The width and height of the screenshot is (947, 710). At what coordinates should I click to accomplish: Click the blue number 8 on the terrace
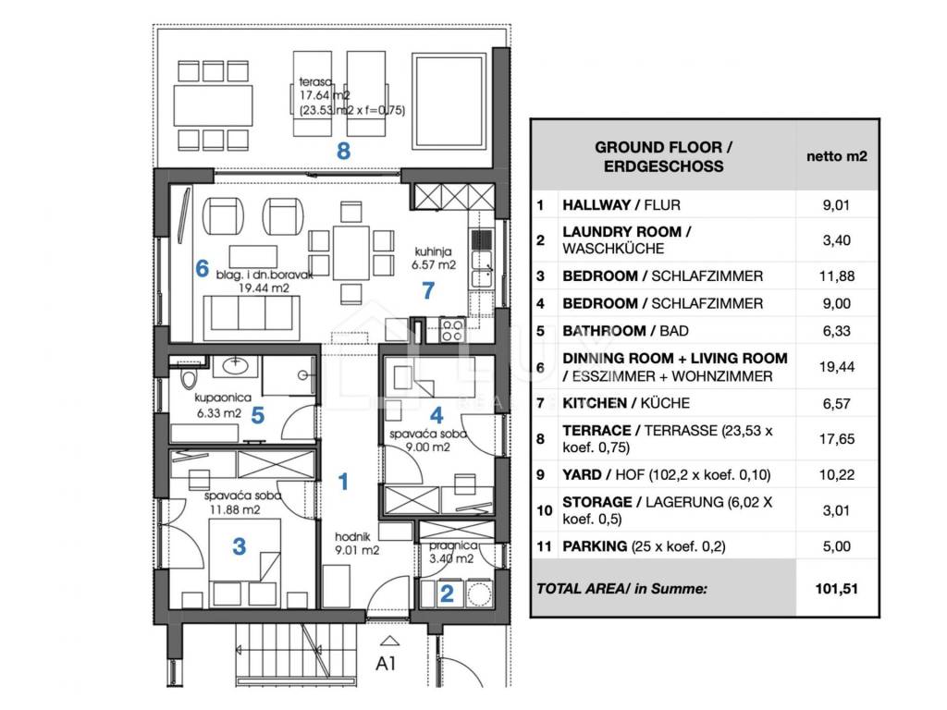(x=343, y=151)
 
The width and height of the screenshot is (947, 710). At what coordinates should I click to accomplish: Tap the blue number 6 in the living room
(x=203, y=268)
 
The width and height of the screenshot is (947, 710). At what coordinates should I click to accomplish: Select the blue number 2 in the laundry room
(x=447, y=594)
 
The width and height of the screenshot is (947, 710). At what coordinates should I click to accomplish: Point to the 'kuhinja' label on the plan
(x=433, y=251)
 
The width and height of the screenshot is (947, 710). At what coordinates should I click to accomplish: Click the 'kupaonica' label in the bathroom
(x=223, y=398)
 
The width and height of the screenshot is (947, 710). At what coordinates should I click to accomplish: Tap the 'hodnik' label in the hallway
(x=352, y=536)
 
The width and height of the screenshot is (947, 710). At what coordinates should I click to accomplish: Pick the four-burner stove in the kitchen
(x=452, y=330)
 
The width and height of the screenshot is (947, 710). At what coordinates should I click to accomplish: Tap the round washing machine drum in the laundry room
(x=481, y=594)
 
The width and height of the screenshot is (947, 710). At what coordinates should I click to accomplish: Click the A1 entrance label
(x=386, y=664)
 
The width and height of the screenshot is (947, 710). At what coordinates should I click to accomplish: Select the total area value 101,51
(x=836, y=589)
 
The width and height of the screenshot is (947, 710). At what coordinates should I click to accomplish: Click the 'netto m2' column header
(x=836, y=156)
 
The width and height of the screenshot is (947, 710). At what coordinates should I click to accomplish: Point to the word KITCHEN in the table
(x=595, y=403)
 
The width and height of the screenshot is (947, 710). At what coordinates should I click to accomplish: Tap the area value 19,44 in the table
(x=836, y=367)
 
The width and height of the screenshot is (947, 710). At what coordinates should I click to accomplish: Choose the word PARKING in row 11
(x=595, y=546)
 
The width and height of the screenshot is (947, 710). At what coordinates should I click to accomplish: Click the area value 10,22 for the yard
(x=836, y=475)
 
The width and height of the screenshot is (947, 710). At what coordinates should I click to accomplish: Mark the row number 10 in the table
(x=544, y=510)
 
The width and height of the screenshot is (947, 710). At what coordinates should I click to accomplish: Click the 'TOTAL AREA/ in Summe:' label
(x=621, y=589)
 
